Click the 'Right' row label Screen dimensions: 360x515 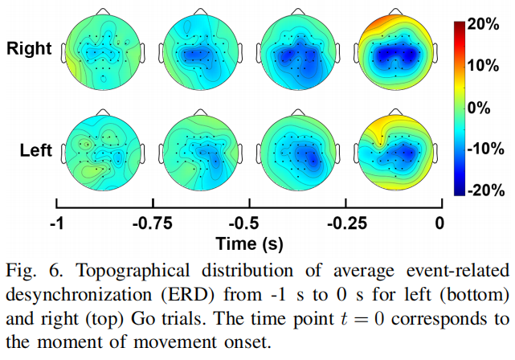click(29, 49)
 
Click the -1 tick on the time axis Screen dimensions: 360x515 click(56, 223)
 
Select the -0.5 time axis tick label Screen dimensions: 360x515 click(247, 223)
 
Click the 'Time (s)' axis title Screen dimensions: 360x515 click(247, 242)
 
